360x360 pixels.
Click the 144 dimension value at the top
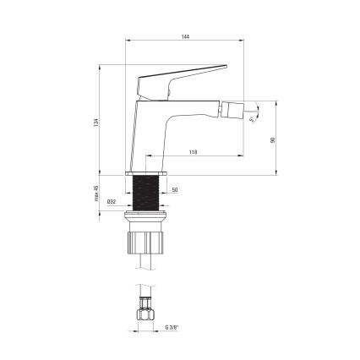[184, 37]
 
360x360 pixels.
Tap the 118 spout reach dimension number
[194, 150]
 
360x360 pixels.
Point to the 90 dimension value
[272, 139]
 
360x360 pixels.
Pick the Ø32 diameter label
[112, 201]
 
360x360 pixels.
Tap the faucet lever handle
[194, 74]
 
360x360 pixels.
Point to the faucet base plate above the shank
[148, 172]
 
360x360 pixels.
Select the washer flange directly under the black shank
[148, 218]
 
